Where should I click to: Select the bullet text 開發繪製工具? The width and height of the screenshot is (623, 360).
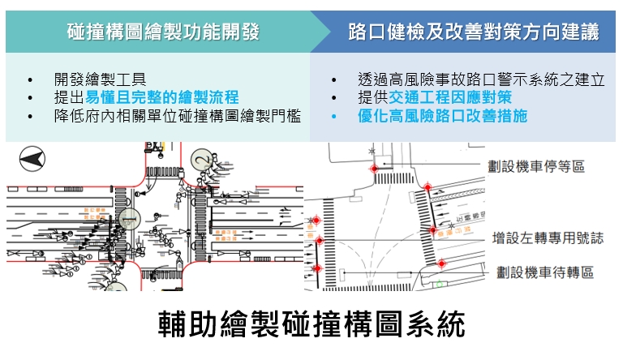point(100,79)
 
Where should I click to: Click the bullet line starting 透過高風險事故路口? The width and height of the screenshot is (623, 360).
point(481,79)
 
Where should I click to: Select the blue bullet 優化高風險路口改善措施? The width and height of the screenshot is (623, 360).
point(442,116)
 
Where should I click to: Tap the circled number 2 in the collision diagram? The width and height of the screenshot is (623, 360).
point(200,160)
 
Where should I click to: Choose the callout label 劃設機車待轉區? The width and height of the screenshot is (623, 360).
point(544,272)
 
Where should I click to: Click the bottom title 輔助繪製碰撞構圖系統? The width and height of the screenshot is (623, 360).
point(311,324)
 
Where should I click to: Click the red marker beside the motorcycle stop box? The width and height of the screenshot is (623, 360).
point(428,188)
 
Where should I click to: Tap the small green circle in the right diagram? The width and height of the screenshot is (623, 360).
point(439,283)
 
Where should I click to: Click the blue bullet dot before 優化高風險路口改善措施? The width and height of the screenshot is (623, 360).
point(334,117)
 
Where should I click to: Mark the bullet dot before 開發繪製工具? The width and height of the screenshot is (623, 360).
point(30,80)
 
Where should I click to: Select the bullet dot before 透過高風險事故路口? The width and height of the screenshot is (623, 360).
point(334,80)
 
